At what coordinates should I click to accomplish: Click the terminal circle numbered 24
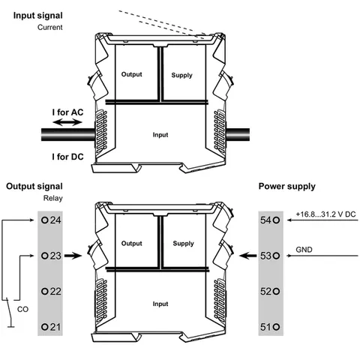pyautogui.click(x=45, y=220)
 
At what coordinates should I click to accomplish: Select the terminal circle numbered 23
pyautogui.click(x=45, y=256)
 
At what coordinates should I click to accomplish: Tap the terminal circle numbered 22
pyautogui.click(x=45, y=291)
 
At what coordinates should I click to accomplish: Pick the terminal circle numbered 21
pyautogui.click(x=45, y=327)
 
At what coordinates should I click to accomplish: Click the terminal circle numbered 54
pyautogui.click(x=276, y=220)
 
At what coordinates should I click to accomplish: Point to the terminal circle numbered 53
pyautogui.click(x=276, y=256)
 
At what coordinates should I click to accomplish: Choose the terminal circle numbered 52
pyautogui.click(x=276, y=291)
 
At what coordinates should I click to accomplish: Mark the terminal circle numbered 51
pyautogui.click(x=276, y=327)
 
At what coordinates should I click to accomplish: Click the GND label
pyautogui.click(x=304, y=250)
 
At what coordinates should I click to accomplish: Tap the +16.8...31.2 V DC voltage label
pyautogui.click(x=325, y=214)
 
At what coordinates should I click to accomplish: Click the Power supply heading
pyautogui.click(x=287, y=187)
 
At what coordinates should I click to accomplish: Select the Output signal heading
pyautogui.click(x=34, y=187)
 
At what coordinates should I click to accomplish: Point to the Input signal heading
pyautogui.click(x=37, y=16)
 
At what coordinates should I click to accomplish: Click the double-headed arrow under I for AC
pyautogui.click(x=67, y=122)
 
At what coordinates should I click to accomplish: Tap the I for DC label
pyautogui.click(x=67, y=157)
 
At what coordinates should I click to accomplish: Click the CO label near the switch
pyautogui.click(x=22, y=309)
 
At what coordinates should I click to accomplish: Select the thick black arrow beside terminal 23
pyautogui.click(x=73, y=256)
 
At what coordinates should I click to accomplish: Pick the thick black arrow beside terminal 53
pyautogui.click(x=247, y=256)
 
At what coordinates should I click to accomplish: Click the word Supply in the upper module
pyautogui.click(x=181, y=75)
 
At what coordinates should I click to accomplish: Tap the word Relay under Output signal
pyautogui.click(x=53, y=198)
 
